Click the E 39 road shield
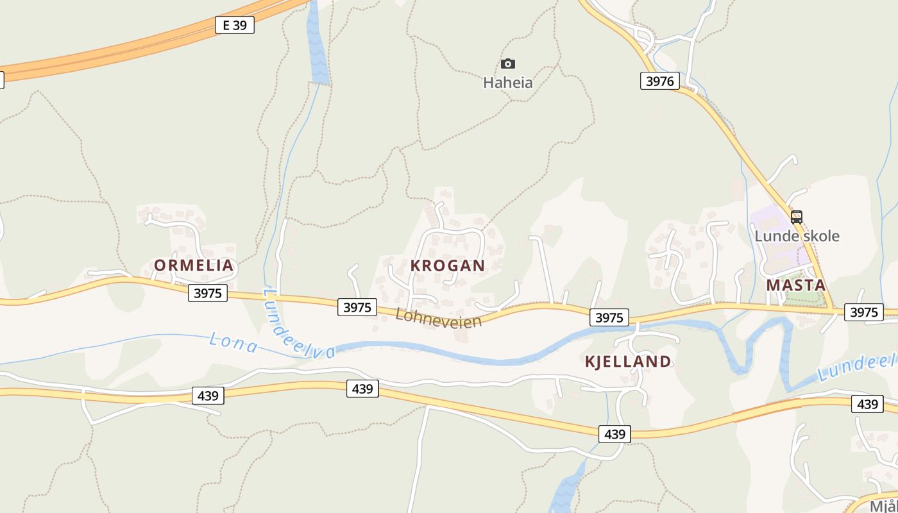click(x=235, y=26)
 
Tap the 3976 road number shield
click(x=659, y=81)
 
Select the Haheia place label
click(x=507, y=82)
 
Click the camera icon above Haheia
click(x=507, y=63)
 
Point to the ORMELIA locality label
click(x=194, y=265)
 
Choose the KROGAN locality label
click(x=448, y=265)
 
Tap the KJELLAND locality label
click(x=628, y=362)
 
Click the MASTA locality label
click(x=796, y=285)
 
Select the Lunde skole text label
click(x=797, y=236)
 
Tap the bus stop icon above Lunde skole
click(x=797, y=217)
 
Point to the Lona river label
click(x=233, y=343)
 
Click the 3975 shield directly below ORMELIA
click(x=208, y=294)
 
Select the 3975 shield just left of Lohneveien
click(x=357, y=307)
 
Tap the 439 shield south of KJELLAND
click(x=614, y=434)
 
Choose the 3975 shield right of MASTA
click(x=863, y=312)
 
